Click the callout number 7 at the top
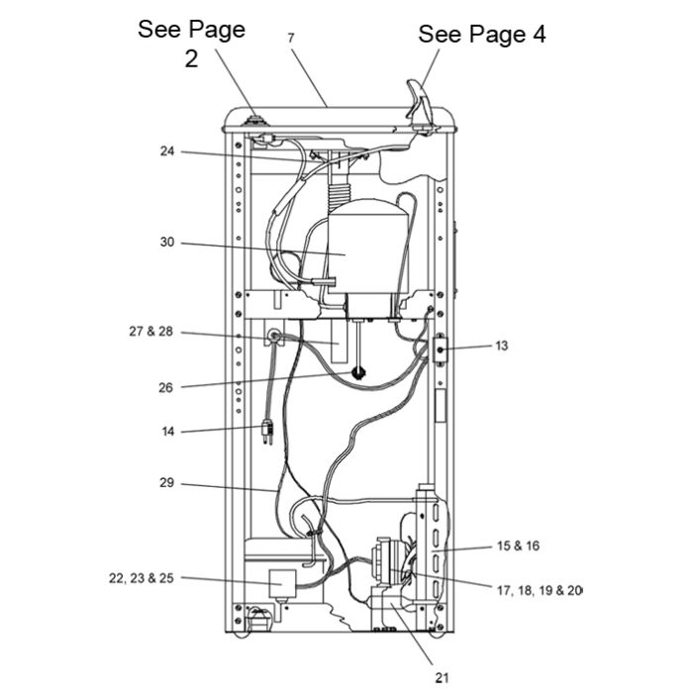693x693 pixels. [x=290, y=38]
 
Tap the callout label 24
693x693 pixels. [x=167, y=151]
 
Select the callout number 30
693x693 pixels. [x=167, y=243]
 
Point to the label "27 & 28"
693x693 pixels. [x=151, y=331]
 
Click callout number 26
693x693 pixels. [x=165, y=388]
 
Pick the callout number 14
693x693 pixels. [x=168, y=431]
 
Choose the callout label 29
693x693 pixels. [x=166, y=483]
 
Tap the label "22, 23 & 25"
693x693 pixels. [x=142, y=578]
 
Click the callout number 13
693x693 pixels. [x=502, y=346]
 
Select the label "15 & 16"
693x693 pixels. [x=518, y=545]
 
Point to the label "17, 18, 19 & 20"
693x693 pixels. [x=540, y=590]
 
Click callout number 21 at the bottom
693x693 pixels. [x=442, y=677]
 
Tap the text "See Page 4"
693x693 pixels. [x=482, y=35]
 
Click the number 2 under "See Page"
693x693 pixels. [x=191, y=58]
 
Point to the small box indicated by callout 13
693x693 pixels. [x=441, y=350]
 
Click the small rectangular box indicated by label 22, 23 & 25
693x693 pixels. [x=282, y=583]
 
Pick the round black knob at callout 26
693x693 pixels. [x=358, y=372]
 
